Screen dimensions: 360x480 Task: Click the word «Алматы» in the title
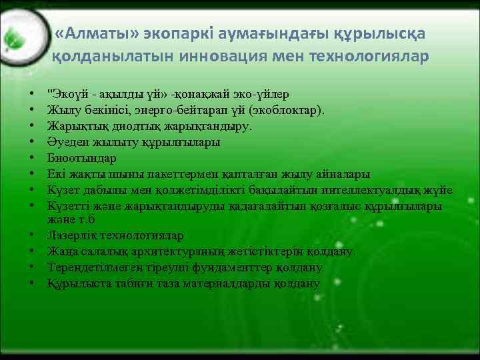(92, 33)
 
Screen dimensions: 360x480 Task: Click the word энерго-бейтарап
(183, 109)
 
